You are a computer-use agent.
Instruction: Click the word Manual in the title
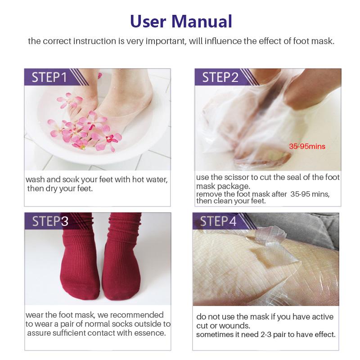pos(202,21)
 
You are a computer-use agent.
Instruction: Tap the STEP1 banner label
pos(49,77)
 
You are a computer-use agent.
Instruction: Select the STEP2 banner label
pos(220,77)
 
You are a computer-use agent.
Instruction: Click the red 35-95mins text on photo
pos(307,147)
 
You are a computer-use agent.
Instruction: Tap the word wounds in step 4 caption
pos(234,325)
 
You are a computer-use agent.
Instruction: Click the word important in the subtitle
pos(176,41)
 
